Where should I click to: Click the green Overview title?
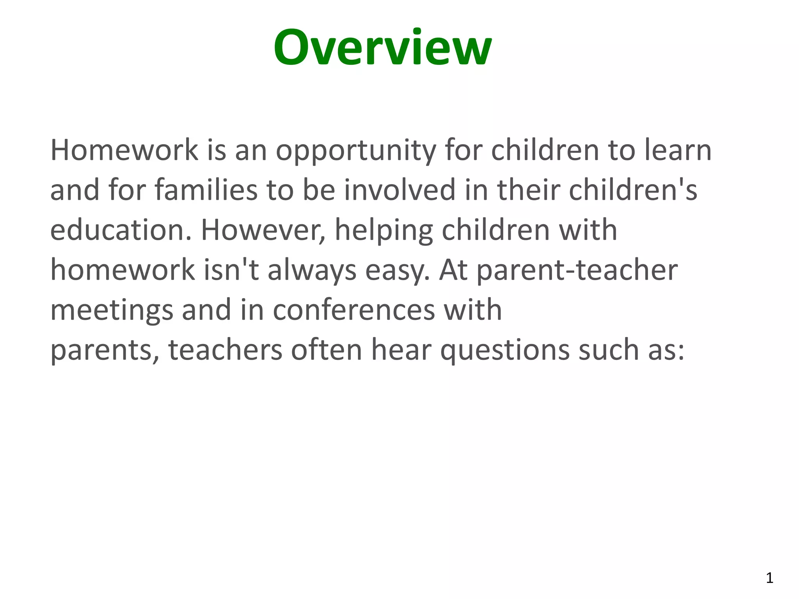[382, 48]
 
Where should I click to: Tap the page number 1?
[769, 578]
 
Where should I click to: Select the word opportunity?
[356, 151]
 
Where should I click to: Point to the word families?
[206, 190]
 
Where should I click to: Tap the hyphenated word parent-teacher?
[577, 271]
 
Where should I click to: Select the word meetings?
[112, 311]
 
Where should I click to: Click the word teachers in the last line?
[225, 350]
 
